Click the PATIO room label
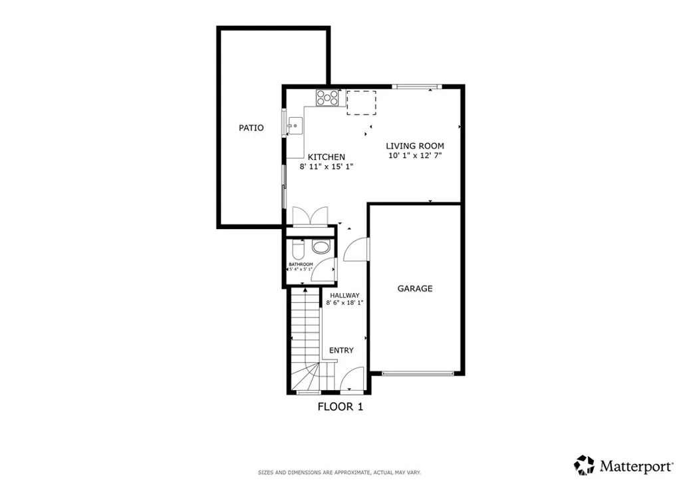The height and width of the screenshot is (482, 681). point(251,128)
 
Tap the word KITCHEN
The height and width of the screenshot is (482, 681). point(326,157)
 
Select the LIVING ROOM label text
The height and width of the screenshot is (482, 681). point(416,146)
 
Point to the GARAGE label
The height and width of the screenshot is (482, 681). point(415,288)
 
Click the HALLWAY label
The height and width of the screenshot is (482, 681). point(343,296)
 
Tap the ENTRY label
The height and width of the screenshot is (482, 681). point(341,350)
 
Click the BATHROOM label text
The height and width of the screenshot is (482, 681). point(301,264)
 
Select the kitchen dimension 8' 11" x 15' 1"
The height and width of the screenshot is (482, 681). point(326,167)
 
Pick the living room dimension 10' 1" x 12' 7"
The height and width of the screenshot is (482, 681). point(416,156)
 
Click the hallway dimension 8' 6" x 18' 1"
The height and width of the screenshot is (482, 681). point(343,304)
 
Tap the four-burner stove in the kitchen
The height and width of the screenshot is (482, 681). point(327,98)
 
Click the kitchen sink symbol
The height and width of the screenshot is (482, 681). point(295,124)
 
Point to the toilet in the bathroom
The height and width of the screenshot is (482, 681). point(298,250)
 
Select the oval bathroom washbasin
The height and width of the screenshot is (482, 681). point(321,248)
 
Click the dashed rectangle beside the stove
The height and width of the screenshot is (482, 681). point(361,102)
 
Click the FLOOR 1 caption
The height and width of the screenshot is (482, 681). point(340,406)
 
